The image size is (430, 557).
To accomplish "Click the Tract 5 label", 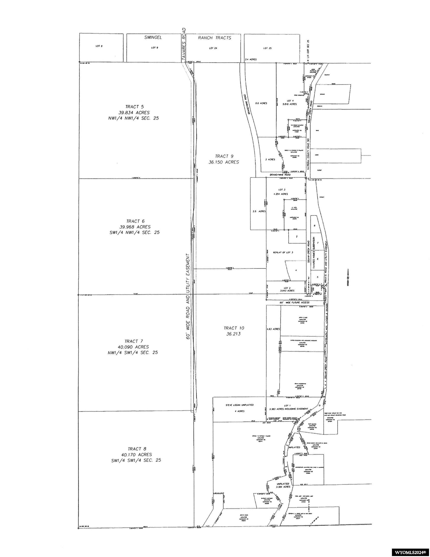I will (133, 107).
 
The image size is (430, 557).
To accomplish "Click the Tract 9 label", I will (224, 156).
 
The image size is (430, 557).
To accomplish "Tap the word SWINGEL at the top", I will (153, 38).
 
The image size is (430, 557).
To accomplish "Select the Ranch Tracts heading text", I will (214, 38).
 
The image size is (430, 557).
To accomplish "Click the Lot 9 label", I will (154, 48).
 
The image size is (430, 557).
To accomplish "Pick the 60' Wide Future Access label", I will (295, 303).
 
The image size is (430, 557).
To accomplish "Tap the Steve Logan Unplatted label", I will (239, 405).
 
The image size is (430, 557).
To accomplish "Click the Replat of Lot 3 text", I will (283, 252).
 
